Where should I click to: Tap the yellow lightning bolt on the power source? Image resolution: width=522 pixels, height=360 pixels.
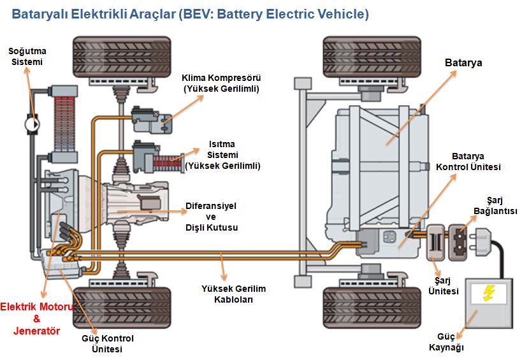coord(489,294)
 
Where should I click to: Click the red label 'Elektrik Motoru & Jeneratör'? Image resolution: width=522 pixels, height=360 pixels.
coord(37,319)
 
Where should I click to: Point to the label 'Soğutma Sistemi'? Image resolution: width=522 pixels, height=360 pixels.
coord(26,56)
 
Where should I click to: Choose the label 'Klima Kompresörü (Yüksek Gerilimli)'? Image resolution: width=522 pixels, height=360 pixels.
coord(221,83)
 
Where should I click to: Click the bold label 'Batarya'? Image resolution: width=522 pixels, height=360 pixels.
coord(463,63)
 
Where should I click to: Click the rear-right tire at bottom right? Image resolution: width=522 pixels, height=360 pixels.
coord(361,306)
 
